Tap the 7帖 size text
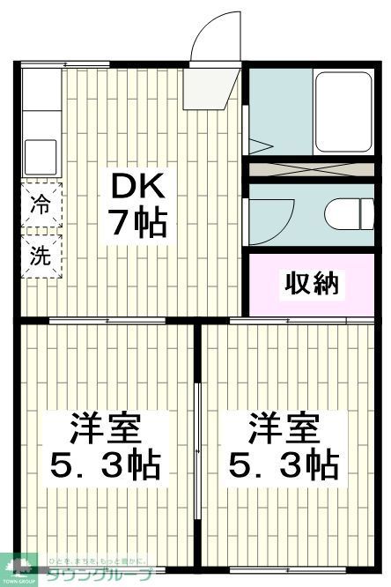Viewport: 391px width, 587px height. point(137,224)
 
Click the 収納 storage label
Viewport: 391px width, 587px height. point(310,285)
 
